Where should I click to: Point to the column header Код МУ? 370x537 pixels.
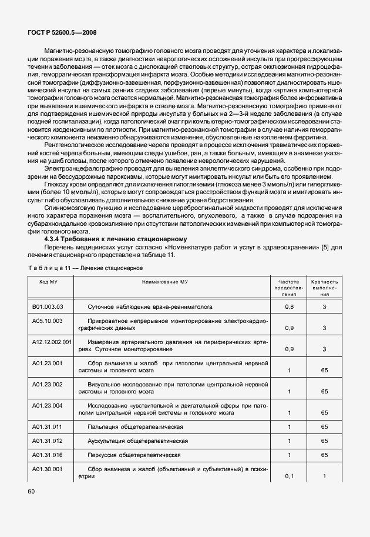48,282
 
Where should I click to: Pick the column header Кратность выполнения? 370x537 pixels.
324,288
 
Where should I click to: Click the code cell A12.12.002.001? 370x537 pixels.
52,341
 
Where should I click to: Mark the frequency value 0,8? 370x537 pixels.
289,307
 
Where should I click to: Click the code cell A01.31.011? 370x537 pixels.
47,425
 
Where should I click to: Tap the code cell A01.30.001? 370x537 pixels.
47,469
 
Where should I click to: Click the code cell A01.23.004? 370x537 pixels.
47,405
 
